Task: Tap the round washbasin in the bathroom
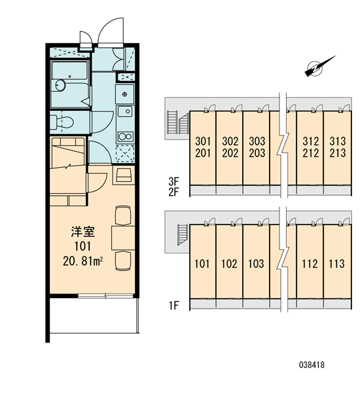tap(60, 85)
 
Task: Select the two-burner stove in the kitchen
tap(125, 137)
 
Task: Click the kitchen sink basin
tap(125, 111)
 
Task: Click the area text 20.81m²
tap(83, 261)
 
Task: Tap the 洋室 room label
tap(82, 232)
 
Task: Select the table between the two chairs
tap(123, 238)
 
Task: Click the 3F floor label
tap(173, 181)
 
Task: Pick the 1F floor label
tap(173, 305)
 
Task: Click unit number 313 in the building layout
tap(338, 141)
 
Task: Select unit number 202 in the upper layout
tap(230, 153)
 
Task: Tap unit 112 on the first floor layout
tap(310, 264)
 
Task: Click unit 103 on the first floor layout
tap(256, 264)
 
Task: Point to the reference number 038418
tap(312, 365)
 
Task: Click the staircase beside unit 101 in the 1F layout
tap(183, 235)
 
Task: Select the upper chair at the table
tap(123, 215)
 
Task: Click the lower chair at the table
tap(123, 261)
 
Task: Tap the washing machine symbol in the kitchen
tap(125, 154)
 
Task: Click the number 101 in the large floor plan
tap(82, 246)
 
